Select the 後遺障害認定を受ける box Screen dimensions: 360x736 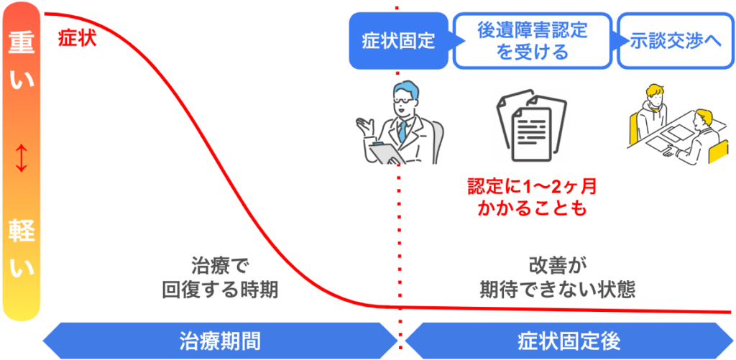(x=532, y=41)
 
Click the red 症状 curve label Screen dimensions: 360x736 (x=77, y=37)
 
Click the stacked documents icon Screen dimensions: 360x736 (x=530, y=124)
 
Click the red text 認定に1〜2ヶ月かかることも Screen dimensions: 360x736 (x=532, y=198)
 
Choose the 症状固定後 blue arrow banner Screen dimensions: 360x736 (x=568, y=339)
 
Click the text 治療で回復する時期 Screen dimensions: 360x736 (x=220, y=278)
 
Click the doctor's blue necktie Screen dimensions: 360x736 (x=402, y=131)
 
